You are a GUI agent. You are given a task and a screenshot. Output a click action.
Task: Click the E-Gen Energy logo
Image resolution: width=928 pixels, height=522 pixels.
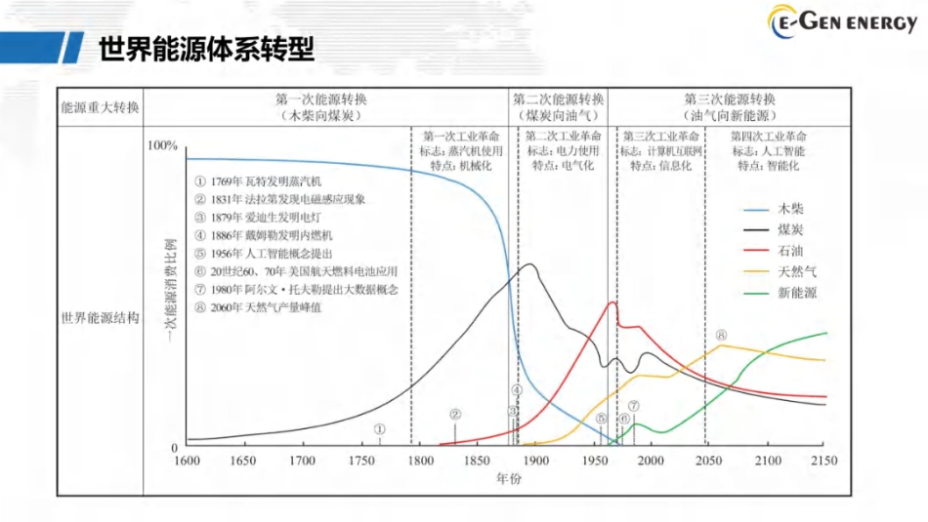pyautogui.click(x=841, y=22)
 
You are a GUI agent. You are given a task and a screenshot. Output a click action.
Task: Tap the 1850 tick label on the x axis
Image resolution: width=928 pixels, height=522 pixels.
pyautogui.click(x=477, y=461)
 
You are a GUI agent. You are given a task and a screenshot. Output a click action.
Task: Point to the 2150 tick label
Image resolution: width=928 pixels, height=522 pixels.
pyautogui.click(x=825, y=461)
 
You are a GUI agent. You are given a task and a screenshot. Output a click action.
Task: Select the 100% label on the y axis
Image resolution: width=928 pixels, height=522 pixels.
pyautogui.click(x=162, y=145)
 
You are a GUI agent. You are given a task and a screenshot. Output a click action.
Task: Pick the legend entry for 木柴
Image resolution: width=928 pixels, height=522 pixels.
pyautogui.click(x=790, y=209)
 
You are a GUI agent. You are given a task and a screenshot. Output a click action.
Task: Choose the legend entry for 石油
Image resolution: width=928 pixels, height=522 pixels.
pyautogui.click(x=790, y=251)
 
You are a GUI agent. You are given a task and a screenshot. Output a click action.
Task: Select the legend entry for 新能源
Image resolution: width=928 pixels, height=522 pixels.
pyautogui.click(x=796, y=293)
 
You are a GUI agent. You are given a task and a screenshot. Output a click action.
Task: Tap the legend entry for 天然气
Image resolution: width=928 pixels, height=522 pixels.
pyautogui.click(x=796, y=272)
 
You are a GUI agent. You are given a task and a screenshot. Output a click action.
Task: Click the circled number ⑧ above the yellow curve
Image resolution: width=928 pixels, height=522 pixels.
pyautogui.click(x=721, y=336)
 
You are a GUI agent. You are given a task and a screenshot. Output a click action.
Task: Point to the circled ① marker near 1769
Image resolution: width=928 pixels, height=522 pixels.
pyautogui.click(x=380, y=428)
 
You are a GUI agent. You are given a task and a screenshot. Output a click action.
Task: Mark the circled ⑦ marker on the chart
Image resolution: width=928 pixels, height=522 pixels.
pyautogui.click(x=633, y=406)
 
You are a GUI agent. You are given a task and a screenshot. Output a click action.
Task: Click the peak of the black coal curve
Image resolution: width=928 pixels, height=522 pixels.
pyautogui.click(x=530, y=264)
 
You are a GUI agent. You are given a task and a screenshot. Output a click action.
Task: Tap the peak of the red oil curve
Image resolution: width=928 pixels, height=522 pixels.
pyautogui.click(x=612, y=301)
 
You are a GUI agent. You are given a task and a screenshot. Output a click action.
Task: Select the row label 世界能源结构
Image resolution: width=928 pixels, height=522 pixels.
pyautogui.click(x=101, y=318)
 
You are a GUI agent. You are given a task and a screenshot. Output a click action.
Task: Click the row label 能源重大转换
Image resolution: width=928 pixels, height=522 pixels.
pyautogui.click(x=101, y=107)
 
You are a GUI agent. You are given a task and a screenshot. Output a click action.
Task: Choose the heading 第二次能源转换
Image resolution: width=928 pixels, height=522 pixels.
pyautogui.click(x=559, y=100)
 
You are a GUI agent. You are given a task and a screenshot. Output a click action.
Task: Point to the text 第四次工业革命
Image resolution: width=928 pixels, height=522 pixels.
pyautogui.click(x=769, y=136)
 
